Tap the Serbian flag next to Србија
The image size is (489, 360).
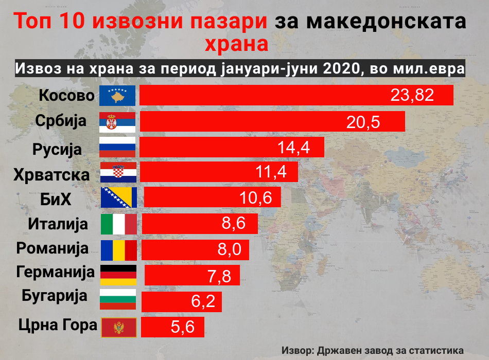point(117,121)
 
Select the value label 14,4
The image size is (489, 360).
point(293,148)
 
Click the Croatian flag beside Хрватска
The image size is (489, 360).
point(117,173)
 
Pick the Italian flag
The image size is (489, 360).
point(118,224)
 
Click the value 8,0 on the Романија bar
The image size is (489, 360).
point(229,250)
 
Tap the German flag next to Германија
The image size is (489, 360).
point(118,275)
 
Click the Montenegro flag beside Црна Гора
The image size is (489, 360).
point(118,327)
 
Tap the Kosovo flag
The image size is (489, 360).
point(117,96)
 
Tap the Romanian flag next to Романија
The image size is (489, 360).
point(118,250)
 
